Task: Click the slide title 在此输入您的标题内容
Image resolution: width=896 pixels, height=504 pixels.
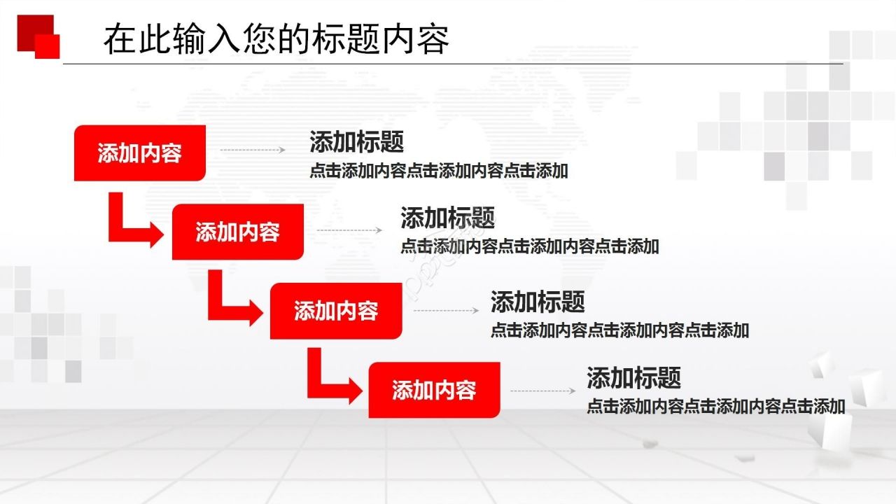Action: point(276,39)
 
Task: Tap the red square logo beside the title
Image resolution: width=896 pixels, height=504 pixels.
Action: point(38,36)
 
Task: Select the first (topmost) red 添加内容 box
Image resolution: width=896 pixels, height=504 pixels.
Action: point(140,153)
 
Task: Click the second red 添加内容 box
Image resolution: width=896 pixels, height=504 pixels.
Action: point(238,232)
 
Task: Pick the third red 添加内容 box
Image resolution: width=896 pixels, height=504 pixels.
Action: point(336,311)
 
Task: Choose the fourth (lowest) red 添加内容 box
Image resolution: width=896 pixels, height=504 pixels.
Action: point(434,390)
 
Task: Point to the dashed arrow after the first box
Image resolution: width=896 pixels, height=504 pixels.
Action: point(253,150)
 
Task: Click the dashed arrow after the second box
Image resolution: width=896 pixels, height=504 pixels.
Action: point(349,230)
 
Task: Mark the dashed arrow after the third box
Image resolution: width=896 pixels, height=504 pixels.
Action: point(446,310)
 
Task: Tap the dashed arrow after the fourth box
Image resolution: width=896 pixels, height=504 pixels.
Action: point(542,391)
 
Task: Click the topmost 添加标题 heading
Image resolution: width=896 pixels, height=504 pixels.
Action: point(357,142)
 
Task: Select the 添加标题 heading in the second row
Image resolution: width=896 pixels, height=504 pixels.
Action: point(448,218)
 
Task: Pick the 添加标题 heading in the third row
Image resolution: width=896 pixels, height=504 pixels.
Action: point(538,302)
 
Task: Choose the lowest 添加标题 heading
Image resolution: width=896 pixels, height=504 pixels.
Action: point(634,378)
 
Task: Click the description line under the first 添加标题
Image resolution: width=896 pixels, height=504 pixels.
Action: point(439,171)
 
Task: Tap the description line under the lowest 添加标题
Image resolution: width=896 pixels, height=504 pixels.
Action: point(716,406)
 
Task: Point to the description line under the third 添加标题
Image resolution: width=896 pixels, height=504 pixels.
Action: point(619,330)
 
